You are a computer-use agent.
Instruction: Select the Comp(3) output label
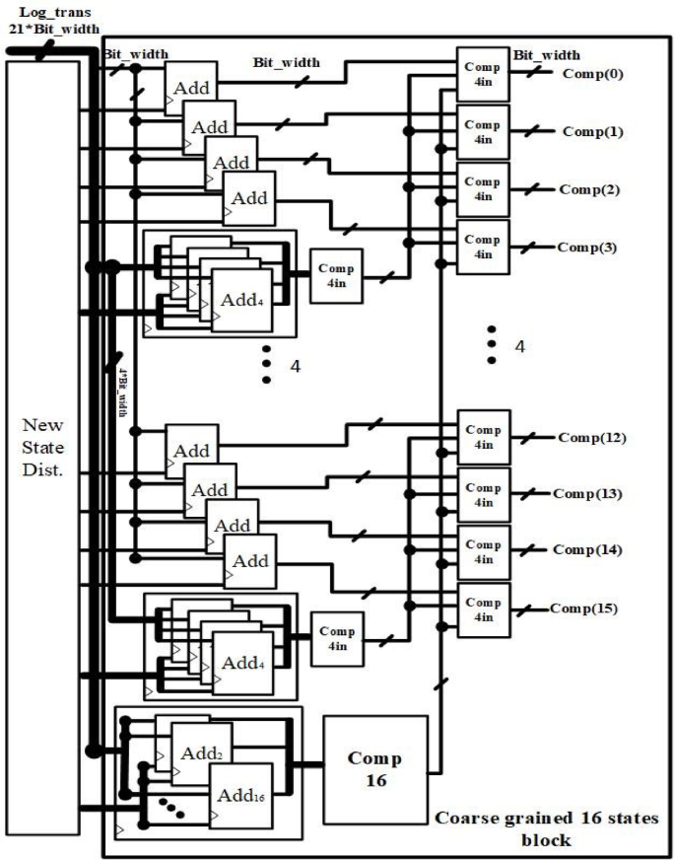[x=587, y=247]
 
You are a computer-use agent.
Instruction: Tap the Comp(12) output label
[x=591, y=437]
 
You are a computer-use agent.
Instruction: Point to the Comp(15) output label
[x=584, y=608]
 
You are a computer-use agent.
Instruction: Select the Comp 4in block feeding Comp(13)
[x=483, y=495]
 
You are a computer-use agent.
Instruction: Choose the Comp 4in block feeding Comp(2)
[x=483, y=189]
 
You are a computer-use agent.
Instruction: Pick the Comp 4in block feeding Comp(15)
[x=483, y=609]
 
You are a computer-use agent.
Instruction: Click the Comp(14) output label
[x=587, y=549]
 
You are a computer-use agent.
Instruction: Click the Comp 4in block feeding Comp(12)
[x=483, y=438]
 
